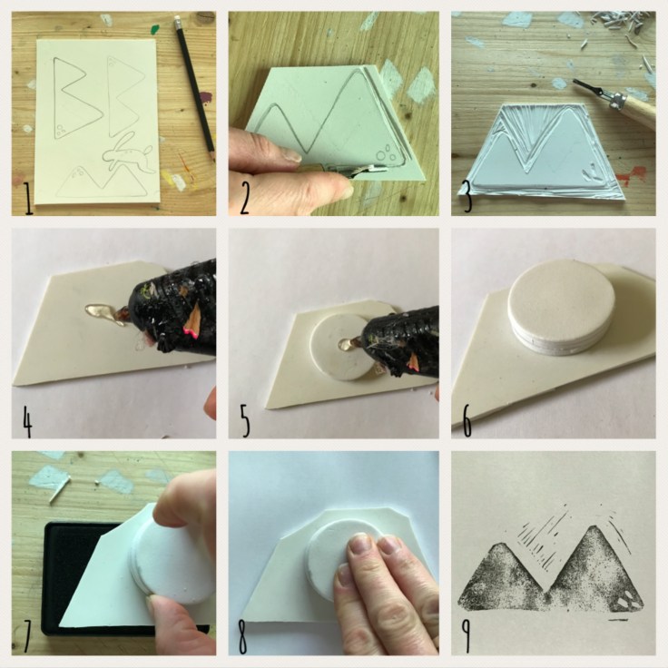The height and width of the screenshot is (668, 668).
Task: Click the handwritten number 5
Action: [x=245, y=418]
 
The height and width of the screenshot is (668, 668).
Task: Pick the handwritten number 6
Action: [x=465, y=418]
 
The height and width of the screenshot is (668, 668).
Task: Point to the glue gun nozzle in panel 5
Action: [x=349, y=343]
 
